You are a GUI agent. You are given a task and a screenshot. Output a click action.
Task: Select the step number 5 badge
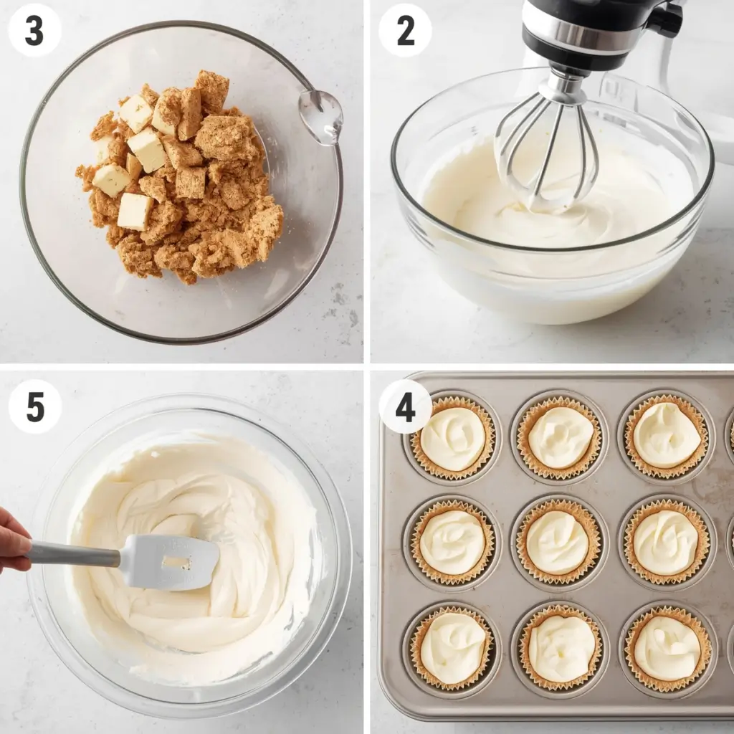34,406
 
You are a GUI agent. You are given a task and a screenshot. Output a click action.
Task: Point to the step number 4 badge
405,406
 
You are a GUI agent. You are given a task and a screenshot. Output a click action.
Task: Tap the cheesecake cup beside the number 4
452,438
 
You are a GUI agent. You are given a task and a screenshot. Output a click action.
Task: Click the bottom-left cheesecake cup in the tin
452,648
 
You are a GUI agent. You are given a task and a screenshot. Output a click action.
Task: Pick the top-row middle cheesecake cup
560,437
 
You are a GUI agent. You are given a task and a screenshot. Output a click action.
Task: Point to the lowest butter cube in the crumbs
134,211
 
